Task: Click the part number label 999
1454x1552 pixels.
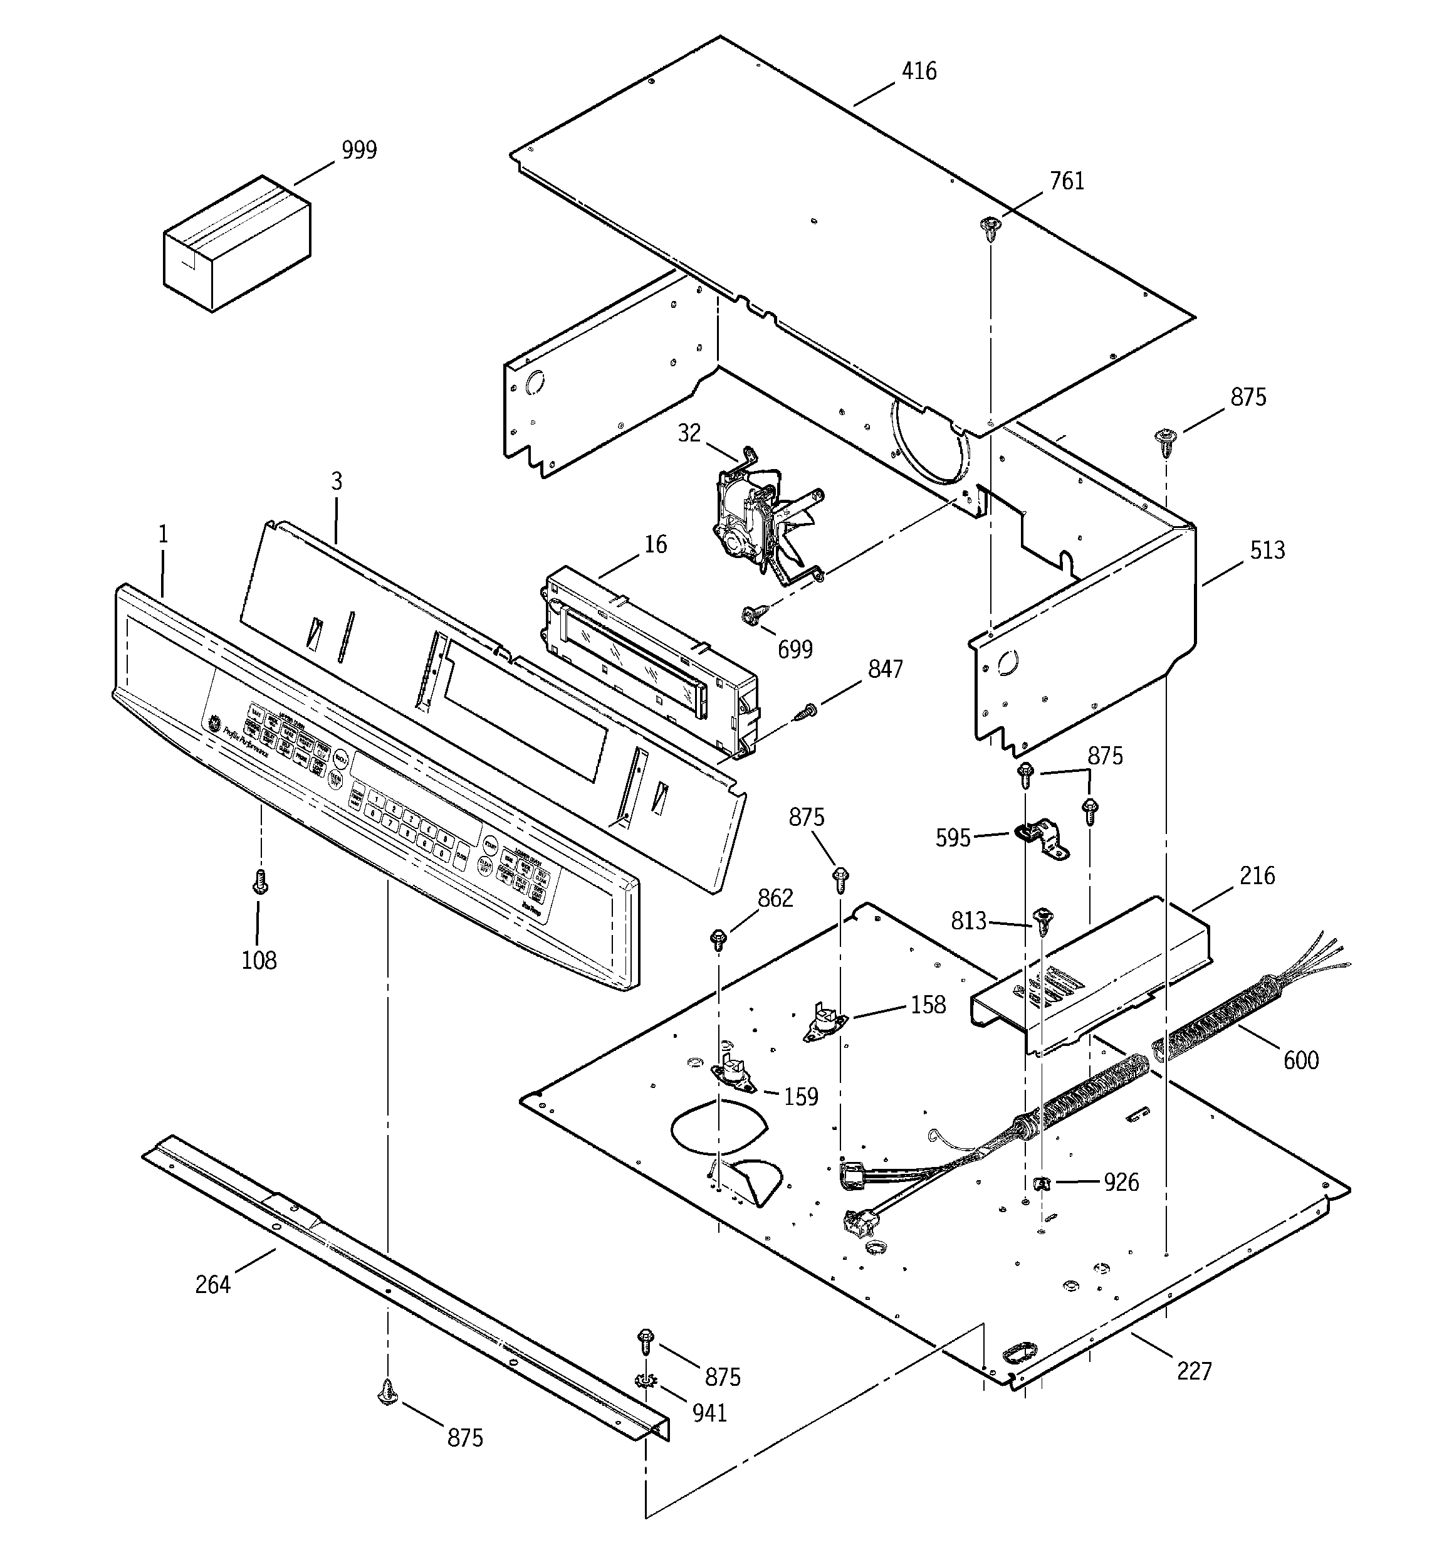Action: pos(359,150)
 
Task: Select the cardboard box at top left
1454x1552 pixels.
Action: pos(236,243)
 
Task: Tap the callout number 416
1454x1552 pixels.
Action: pos(919,72)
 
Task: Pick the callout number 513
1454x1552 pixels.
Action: pos(1267,551)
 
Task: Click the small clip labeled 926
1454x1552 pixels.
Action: pos(1042,1183)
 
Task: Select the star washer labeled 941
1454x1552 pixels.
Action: pos(646,1381)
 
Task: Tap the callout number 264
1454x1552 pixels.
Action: pos(212,1284)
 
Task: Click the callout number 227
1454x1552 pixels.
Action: pos(1194,1370)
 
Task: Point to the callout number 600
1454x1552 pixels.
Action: pos(1300,1060)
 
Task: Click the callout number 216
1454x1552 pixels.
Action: pos(1257,876)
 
